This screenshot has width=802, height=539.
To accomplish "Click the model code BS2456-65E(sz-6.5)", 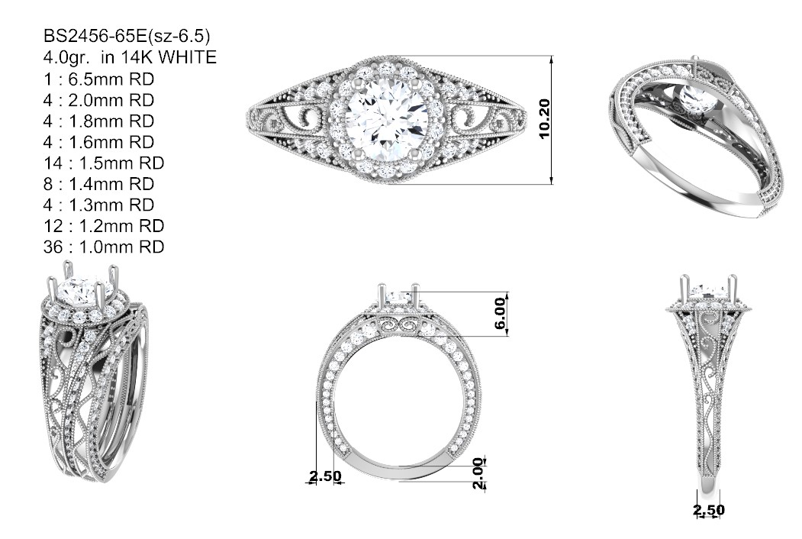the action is (127, 36).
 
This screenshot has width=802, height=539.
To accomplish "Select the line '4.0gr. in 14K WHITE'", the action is (130, 56).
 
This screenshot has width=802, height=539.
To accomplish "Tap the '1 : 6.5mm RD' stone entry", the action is (98, 79).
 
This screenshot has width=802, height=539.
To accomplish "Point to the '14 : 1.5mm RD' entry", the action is (104, 163).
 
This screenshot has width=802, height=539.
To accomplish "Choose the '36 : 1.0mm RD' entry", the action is (104, 247).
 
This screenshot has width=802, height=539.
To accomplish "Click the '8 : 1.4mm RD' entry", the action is (98, 184).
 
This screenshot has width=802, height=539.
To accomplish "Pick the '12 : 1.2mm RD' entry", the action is (104, 226).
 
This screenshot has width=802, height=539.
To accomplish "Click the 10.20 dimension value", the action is (544, 119).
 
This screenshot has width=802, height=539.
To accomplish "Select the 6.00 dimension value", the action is (500, 313).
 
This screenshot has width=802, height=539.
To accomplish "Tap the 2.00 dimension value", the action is (478, 473).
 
